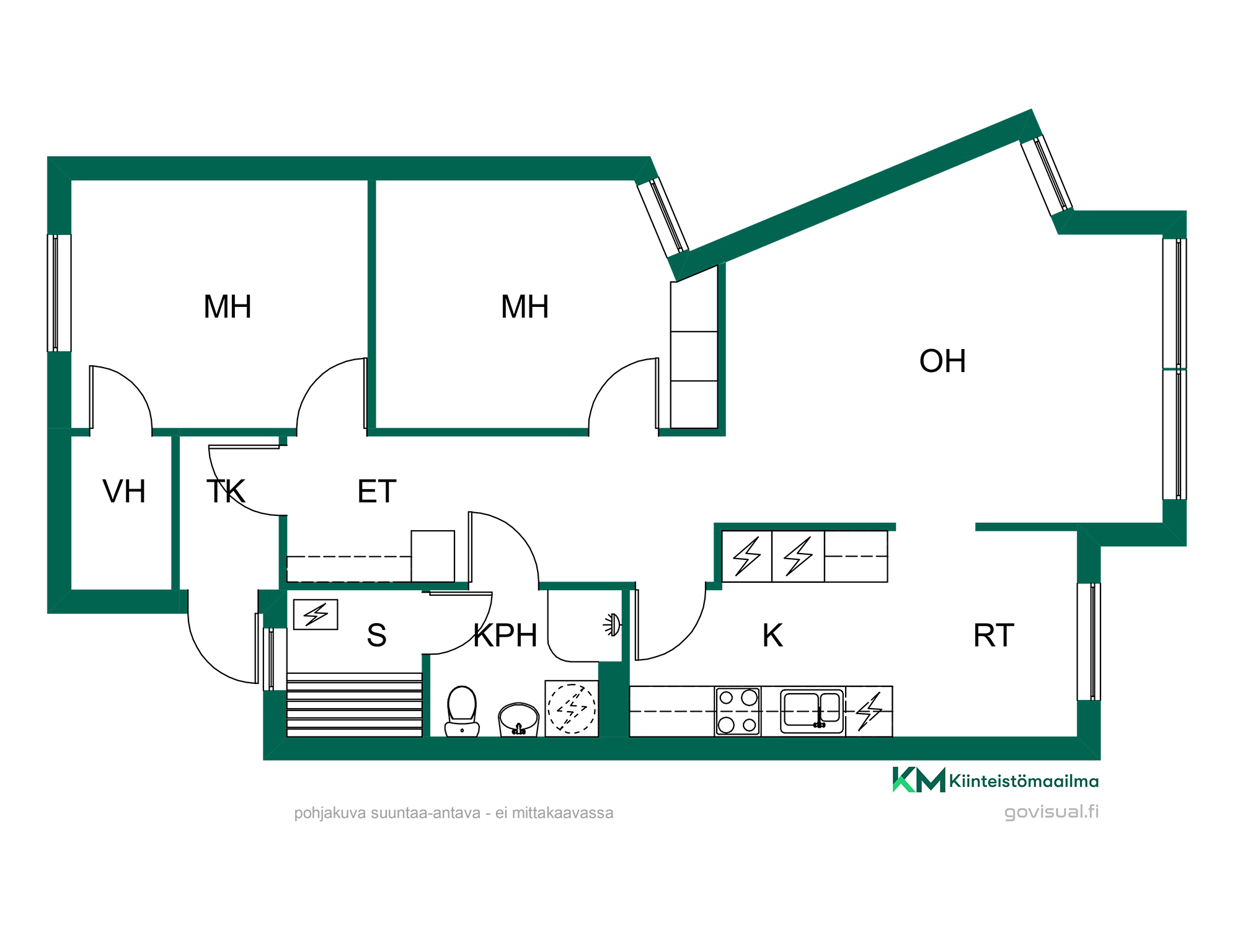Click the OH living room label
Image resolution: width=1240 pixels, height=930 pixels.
tap(942, 361)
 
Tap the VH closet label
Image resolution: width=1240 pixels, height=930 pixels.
tap(124, 492)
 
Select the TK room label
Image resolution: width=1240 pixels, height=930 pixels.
tap(226, 492)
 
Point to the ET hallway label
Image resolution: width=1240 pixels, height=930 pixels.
tap(377, 492)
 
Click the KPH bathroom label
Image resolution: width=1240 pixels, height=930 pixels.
tap(505, 635)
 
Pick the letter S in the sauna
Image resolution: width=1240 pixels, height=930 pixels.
tap(376, 635)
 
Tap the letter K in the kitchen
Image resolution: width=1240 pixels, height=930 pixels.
tap(773, 635)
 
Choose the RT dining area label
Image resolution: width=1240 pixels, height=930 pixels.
tap(994, 635)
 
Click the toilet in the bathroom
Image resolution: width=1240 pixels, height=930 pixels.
tap(462, 711)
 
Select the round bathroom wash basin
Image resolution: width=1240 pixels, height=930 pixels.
tap(518, 719)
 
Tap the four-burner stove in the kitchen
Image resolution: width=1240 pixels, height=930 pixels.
tap(738, 711)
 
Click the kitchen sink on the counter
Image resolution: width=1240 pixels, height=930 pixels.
tap(812, 709)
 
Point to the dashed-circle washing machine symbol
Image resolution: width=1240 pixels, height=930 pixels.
tap(572, 709)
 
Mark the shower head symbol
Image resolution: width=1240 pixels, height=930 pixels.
tap(612, 625)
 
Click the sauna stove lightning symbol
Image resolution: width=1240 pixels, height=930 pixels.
tap(316, 614)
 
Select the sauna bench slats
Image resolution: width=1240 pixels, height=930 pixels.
tap(355, 705)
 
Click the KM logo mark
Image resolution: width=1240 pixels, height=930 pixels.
tap(919, 780)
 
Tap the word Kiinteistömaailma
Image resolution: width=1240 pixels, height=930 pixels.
tap(1024, 781)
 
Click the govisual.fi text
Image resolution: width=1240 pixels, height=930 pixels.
tap(1052, 812)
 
